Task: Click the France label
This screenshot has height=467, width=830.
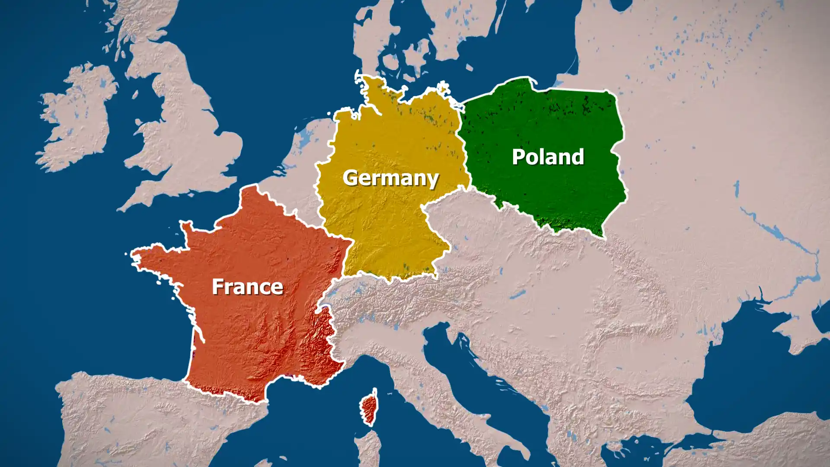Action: tap(247, 287)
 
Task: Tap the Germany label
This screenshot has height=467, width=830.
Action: tap(390, 178)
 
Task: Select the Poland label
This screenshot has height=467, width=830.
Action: tap(548, 157)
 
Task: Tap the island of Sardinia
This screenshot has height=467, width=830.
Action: tap(367, 450)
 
